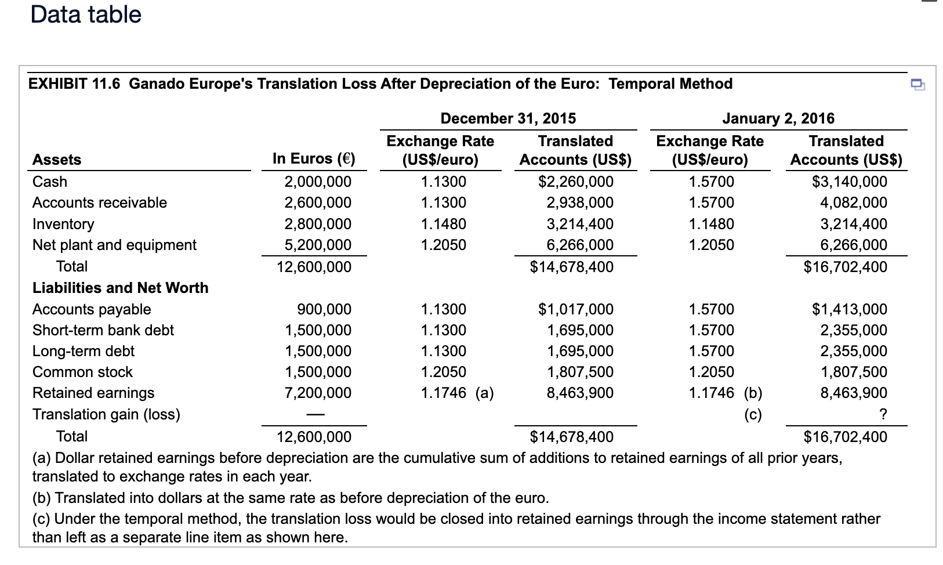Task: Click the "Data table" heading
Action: click(x=86, y=15)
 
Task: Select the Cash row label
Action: click(x=50, y=182)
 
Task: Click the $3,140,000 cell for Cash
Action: click(x=849, y=182)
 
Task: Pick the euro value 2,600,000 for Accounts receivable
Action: click(x=317, y=202)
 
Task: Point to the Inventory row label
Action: click(x=63, y=224)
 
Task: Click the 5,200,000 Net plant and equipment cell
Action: click(x=317, y=245)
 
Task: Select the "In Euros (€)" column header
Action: click(x=314, y=158)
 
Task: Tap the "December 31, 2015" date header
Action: click(x=508, y=118)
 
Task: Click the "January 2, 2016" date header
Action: click(x=778, y=118)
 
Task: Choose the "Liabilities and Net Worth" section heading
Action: click(x=121, y=288)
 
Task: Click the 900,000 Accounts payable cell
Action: click(x=324, y=309)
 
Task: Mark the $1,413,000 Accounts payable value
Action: click(x=849, y=309)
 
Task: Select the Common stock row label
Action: click(x=82, y=372)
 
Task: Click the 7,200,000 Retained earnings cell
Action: click(x=317, y=393)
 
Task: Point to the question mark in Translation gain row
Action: click(x=883, y=414)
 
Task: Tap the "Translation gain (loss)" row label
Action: click(x=106, y=414)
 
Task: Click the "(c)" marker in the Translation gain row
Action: click(x=753, y=414)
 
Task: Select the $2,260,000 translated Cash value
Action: click(x=575, y=182)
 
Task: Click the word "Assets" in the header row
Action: click(x=57, y=160)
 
